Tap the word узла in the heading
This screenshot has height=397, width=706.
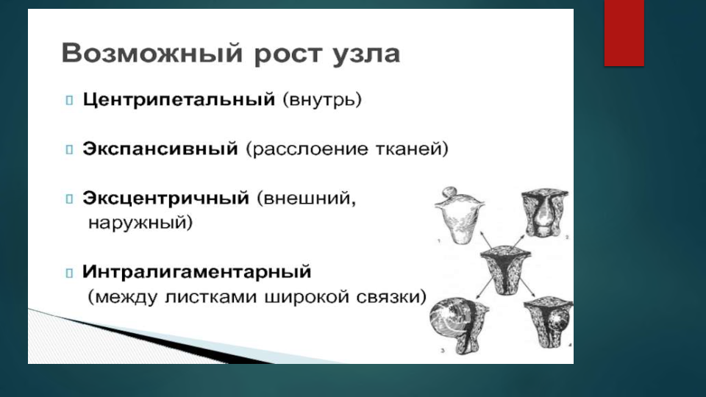tap(366, 54)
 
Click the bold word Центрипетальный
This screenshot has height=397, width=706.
tap(179, 99)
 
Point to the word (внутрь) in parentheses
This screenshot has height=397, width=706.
tap(322, 100)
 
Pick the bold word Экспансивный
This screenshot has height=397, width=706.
tap(160, 149)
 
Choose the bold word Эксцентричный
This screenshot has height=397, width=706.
tap(165, 198)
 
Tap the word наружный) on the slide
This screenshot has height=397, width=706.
tap(140, 222)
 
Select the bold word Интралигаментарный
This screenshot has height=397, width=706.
tap(197, 272)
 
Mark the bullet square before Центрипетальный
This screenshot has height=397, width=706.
tap(69, 100)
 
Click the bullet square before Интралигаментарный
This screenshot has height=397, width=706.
tap(69, 273)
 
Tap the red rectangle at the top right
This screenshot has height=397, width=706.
tap(624, 33)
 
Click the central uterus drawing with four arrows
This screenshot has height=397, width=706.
tap(505, 270)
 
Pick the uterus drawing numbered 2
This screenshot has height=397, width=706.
tap(545, 213)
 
